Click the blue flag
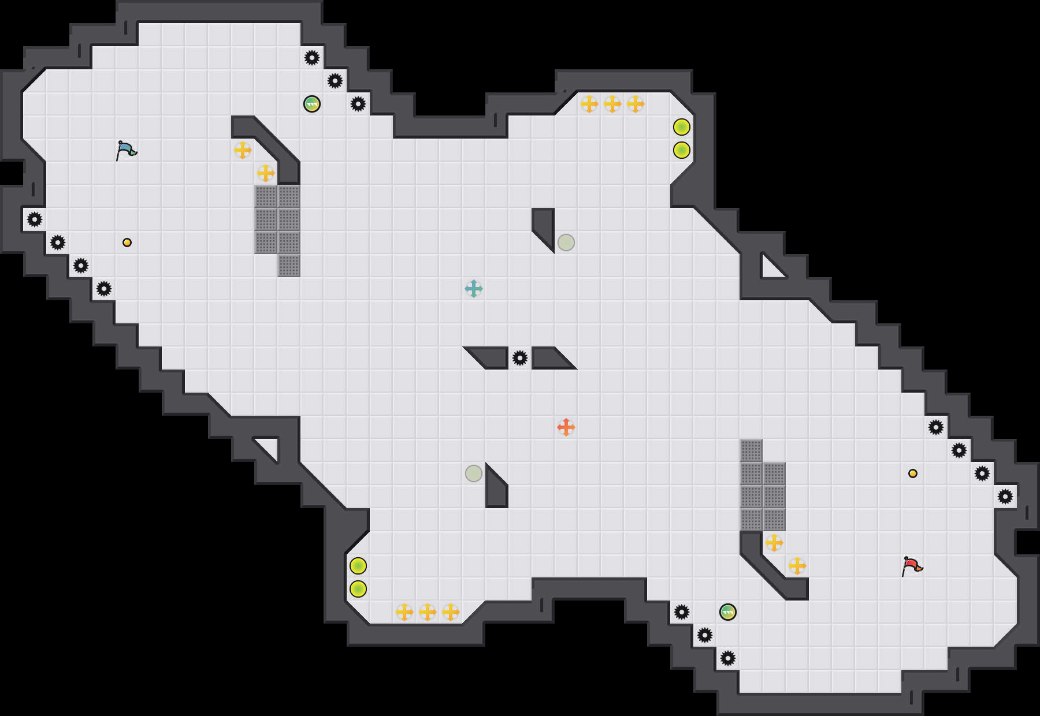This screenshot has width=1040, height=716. tap(126, 150)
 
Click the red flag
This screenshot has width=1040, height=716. tap(912, 566)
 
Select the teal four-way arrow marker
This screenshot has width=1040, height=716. tap(474, 289)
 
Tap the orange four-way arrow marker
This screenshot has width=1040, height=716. tap(566, 427)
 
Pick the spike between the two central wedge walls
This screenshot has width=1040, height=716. tap(520, 358)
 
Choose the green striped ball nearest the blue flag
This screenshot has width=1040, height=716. tap(312, 104)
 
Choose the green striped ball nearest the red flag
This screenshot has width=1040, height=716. tap(728, 612)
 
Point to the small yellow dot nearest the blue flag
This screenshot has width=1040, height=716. tap(127, 243)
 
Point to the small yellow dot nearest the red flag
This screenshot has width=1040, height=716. tap(913, 473)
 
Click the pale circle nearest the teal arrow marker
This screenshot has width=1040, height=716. tap(566, 243)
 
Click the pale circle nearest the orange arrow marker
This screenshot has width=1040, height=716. tap(474, 473)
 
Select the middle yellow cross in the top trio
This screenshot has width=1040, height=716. tap(612, 104)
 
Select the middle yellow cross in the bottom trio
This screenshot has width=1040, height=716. tap(428, 612)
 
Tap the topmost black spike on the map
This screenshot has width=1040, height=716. tap(312, 58)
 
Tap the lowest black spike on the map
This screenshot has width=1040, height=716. tap(728, 658)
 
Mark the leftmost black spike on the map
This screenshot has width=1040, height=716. tap(35, 219)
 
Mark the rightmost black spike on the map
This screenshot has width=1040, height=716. tap(1005, 497)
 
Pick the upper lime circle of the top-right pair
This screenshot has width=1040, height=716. tap(682, 127)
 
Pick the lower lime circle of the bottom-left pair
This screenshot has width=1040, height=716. tap(358, 589)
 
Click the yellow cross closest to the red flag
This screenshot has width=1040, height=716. tap(797, 566)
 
